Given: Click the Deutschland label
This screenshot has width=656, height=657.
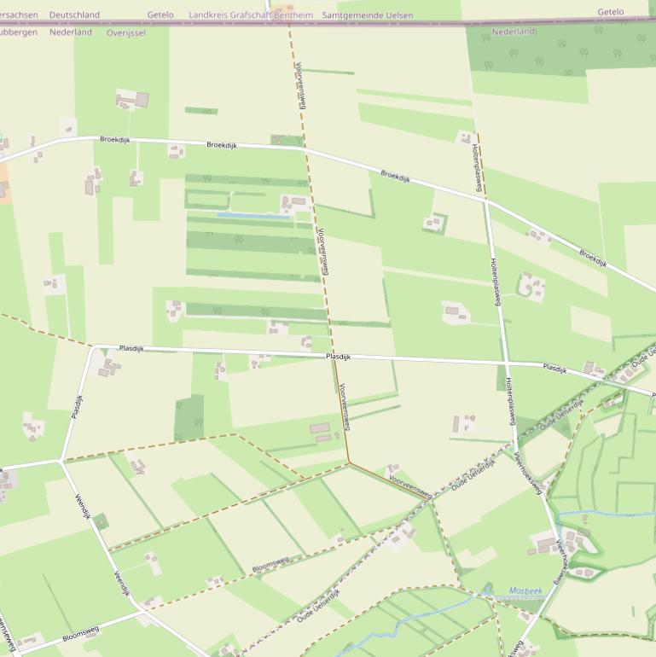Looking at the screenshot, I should pyautogui.click(x=74, y=15).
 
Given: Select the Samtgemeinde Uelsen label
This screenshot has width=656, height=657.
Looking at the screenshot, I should pyautogui.click(x=367, y=15).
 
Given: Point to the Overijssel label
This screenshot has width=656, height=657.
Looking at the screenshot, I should pyautogui.click(x=126, y=32).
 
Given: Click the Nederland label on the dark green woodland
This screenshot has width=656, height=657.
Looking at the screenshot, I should pyautogui.click(x=514, y=32).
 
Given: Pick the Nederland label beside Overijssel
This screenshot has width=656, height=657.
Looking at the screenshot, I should pyautogui.click(x=71, y=32).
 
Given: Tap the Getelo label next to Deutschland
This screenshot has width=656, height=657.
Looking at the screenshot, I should pyautogui.click(x=160, y=15).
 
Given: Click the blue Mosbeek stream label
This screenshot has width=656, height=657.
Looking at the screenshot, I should pyautogui.click(x=525, y=590).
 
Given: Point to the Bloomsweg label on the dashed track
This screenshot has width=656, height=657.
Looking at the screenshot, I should pyautogui.click(x=270, y=564).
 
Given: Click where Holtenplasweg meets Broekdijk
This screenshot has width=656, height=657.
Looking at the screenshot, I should pyautogui.click(x=485, y=201).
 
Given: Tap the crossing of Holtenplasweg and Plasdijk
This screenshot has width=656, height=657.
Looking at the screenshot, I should pyautogui.click(x=502, y=364).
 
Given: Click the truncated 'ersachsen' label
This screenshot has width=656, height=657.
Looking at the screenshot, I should pyautogui.click(x=19, y=15).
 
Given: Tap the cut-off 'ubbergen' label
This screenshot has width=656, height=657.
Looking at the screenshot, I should pyautogui.click(x=19, y=32).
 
